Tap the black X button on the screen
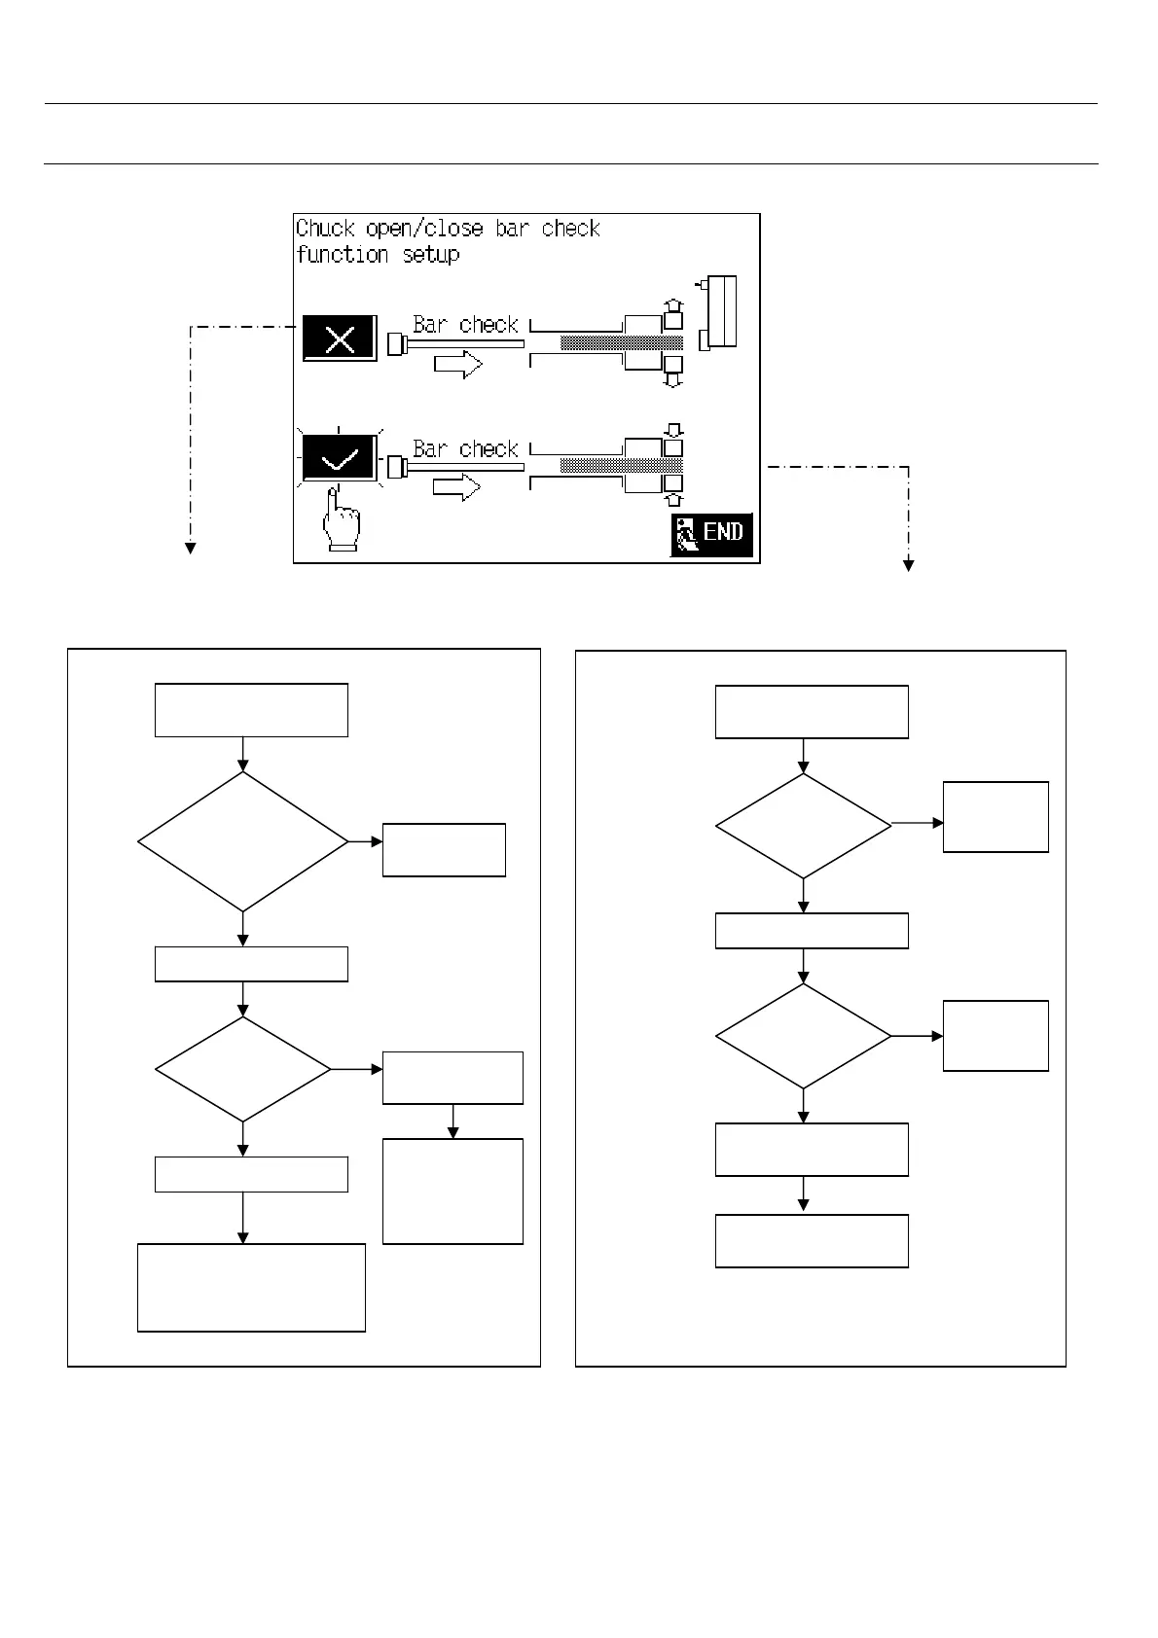[340, 338]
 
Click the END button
[711, 534]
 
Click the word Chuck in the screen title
[325, 229]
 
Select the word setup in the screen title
[431, 255]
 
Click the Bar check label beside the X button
[465, 325]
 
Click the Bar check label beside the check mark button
[465, 449]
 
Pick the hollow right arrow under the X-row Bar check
[458, 365]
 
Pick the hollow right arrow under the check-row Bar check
[457, 487]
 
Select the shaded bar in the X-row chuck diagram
[622, 342]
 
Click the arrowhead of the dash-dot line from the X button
[191, 550]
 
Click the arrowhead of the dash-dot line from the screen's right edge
[908, 564]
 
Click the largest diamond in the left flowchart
[243, 841]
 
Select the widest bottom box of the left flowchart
[251, 1287]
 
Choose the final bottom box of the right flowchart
[812, 1240]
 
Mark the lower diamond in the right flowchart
[803, 1036]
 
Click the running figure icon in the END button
[687, 535]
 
